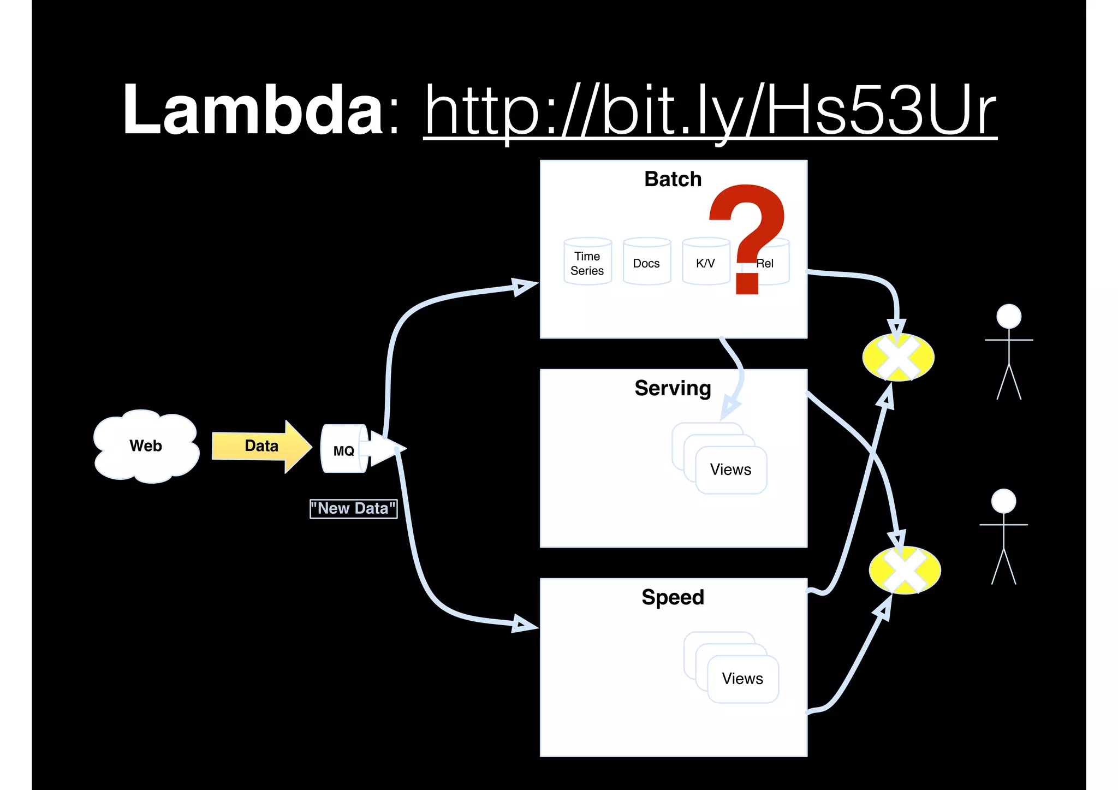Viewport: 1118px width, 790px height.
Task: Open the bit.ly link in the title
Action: (710, 112)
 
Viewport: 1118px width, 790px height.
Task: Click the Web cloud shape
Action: (146, 446)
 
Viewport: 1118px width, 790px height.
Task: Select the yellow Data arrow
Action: (261, 446)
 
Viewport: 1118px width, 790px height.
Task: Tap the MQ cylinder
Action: (343, 449)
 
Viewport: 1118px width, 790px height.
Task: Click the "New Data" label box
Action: (353, 509)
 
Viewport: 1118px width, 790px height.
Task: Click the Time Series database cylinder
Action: (587, 263)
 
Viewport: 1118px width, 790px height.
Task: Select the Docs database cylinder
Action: (646, 263)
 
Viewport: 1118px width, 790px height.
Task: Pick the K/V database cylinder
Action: (705, 263)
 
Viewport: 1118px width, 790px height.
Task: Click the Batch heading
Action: (673, 179)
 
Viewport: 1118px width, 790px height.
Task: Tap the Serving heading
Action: (673, 388)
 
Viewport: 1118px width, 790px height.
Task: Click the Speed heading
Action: (673, 597)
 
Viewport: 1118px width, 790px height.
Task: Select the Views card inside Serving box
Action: (731, 470)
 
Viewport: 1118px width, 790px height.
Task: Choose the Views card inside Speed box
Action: (742, 679)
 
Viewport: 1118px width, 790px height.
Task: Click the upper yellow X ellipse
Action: (898, 358)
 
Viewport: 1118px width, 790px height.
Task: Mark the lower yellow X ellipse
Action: (905, 570)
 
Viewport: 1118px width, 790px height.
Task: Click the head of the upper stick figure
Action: (1009, 316)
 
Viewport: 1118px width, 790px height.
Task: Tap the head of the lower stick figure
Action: (1003, 501)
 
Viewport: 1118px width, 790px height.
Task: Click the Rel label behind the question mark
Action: (766, 264)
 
